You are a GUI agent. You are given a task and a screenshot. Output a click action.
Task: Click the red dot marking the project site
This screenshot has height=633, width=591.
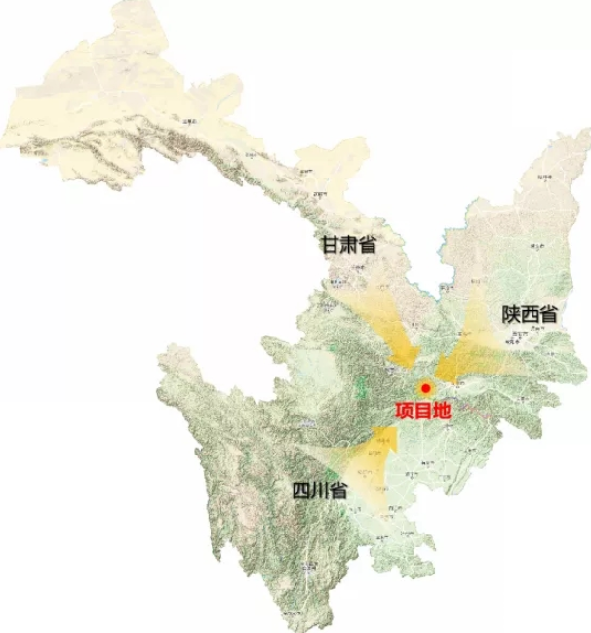coord(425,388)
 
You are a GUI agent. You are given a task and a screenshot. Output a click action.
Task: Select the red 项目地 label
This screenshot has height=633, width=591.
coord(422,411)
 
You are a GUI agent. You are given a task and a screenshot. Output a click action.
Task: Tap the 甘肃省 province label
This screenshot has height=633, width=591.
coord(349,245)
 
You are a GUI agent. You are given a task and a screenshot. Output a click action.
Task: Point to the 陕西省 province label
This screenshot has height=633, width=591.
coord(530,314)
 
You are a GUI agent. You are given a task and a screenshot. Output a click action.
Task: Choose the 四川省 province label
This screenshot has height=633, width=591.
coord(320,491)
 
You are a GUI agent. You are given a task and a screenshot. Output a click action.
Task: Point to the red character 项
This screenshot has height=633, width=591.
coord(404,411)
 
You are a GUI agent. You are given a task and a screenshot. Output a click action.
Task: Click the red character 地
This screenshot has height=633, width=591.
coord(442,411)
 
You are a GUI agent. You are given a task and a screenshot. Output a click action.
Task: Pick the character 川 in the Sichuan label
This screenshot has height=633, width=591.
coord(320,491)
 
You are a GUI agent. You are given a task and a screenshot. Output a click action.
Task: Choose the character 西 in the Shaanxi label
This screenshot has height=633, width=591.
coord(530,314)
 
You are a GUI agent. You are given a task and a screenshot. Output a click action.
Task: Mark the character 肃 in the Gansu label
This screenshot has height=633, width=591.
coord(349,245)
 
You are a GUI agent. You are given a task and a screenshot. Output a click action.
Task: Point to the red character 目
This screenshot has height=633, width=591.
coord(422,411)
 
